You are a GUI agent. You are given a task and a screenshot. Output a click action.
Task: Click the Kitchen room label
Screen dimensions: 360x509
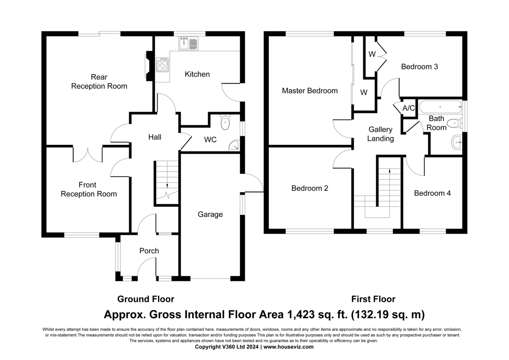click(197, 74)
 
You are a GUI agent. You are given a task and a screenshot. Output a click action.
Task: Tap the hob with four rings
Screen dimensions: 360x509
click(162, 65)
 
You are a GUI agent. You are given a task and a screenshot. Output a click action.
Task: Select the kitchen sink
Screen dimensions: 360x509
click(189, 43)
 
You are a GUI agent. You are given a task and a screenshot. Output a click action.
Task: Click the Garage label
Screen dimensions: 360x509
click(210, 214)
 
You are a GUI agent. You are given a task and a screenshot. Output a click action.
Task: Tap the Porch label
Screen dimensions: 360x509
click(149, 251)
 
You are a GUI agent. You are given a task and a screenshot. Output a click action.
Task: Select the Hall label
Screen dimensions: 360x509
click(154, 137)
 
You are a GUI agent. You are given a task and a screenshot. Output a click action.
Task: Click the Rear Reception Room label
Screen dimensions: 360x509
click(99, 82)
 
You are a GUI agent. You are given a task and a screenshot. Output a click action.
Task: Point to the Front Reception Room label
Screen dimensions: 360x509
click(89, 189)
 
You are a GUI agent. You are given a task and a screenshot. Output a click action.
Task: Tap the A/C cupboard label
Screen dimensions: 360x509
click(408, 108)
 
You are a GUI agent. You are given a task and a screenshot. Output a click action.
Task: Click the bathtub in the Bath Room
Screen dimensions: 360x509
click(440, 107)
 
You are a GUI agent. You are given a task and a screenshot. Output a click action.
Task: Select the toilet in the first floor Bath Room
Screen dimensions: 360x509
click(454, 124)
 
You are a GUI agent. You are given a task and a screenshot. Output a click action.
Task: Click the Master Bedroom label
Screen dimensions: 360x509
click(310, 90)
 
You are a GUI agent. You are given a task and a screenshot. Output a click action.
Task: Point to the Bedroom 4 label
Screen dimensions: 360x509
click(432, 193)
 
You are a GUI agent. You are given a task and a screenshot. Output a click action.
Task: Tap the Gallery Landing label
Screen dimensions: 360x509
click(380, 134)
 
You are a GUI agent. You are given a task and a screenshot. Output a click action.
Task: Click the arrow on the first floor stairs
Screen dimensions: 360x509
click(389, 171)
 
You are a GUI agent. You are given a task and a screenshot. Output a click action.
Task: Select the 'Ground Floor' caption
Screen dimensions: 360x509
click(145, 299)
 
